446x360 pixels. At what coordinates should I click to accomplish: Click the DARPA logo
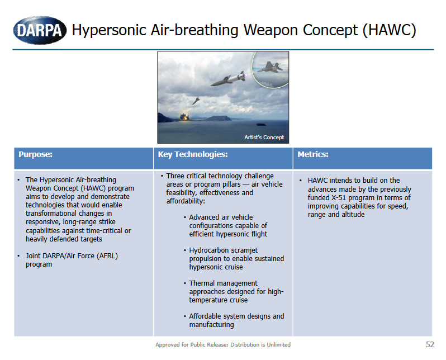[39, 29]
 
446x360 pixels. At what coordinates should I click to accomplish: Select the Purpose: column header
[36, 154]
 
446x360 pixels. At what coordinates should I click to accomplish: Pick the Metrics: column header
[313, 154]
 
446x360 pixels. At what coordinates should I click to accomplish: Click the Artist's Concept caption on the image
[264, 138]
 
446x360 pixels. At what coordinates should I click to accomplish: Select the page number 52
[429, 344]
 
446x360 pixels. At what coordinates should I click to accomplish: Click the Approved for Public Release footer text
[222, 345]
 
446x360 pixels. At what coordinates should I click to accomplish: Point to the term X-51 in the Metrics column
[342, 198]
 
